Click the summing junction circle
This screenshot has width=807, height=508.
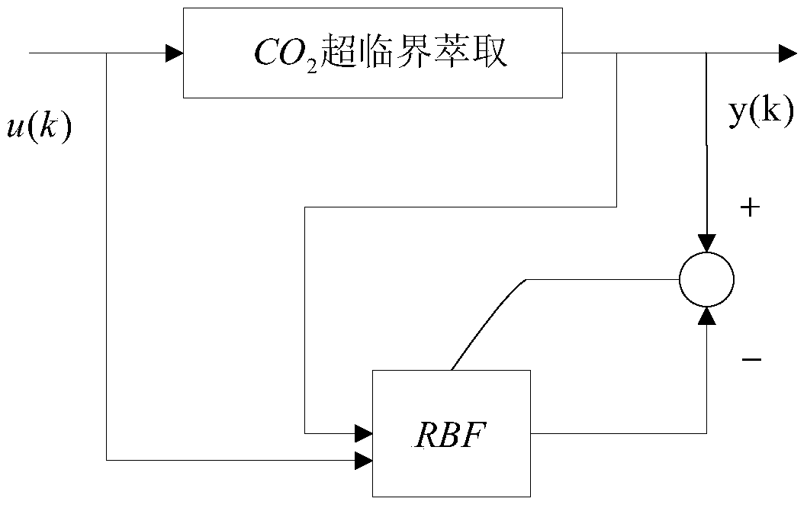706,280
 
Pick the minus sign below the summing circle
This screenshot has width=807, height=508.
751,358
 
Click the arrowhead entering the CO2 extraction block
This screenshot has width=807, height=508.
175,53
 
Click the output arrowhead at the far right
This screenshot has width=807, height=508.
786,53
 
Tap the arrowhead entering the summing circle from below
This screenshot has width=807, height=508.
707,316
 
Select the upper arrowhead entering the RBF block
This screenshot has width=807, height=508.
363,434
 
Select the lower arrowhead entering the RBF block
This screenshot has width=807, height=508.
363,460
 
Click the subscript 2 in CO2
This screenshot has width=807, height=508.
311,62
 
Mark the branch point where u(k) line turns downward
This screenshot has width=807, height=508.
107,53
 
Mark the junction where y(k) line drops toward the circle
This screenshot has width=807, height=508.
707,53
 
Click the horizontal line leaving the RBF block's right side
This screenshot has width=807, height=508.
618,434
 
